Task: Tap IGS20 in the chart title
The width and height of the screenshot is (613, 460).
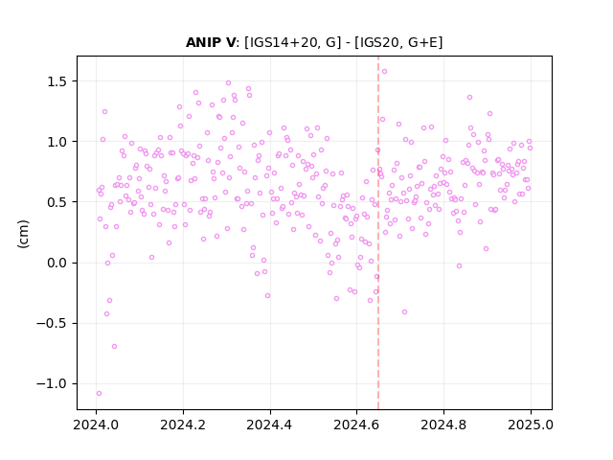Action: click(x=376, y=42)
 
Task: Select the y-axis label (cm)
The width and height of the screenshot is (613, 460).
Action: click(x=23, y=234)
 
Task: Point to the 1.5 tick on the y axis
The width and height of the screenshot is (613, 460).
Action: click(x=57, y=81)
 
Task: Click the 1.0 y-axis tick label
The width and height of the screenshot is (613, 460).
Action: click(x=57, y=142)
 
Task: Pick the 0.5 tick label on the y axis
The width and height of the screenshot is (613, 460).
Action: click(x=57, y=202)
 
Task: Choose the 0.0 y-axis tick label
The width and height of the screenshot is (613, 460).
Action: click(x=57, y=263)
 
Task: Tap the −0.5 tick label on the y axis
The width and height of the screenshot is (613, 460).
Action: click(x=52, y=324)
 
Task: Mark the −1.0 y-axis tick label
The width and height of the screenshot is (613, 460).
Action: click(x=52, y=383)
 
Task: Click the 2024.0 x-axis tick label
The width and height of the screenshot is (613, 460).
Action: click(x=96, y=425)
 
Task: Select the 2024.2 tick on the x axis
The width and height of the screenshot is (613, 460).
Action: click(x=183, y=425)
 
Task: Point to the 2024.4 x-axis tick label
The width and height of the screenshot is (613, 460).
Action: click(x=270, y=425)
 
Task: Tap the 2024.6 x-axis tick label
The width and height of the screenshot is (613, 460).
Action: click(x=356, y=425)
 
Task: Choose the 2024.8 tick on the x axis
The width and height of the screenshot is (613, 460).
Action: click(x=443, y=425)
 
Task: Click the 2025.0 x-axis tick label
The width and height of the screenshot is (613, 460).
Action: click(x=531, y=425)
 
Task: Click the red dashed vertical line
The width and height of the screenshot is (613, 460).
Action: click(x=378, y=233)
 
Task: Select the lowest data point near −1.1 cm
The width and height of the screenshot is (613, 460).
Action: click(x=99, y=393)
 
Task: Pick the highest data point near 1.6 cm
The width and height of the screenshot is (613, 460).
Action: click(x=384, y=71)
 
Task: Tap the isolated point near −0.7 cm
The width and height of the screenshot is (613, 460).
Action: click(x=114, y=346)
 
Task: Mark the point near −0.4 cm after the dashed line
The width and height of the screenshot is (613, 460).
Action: click(x=404, y=311)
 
